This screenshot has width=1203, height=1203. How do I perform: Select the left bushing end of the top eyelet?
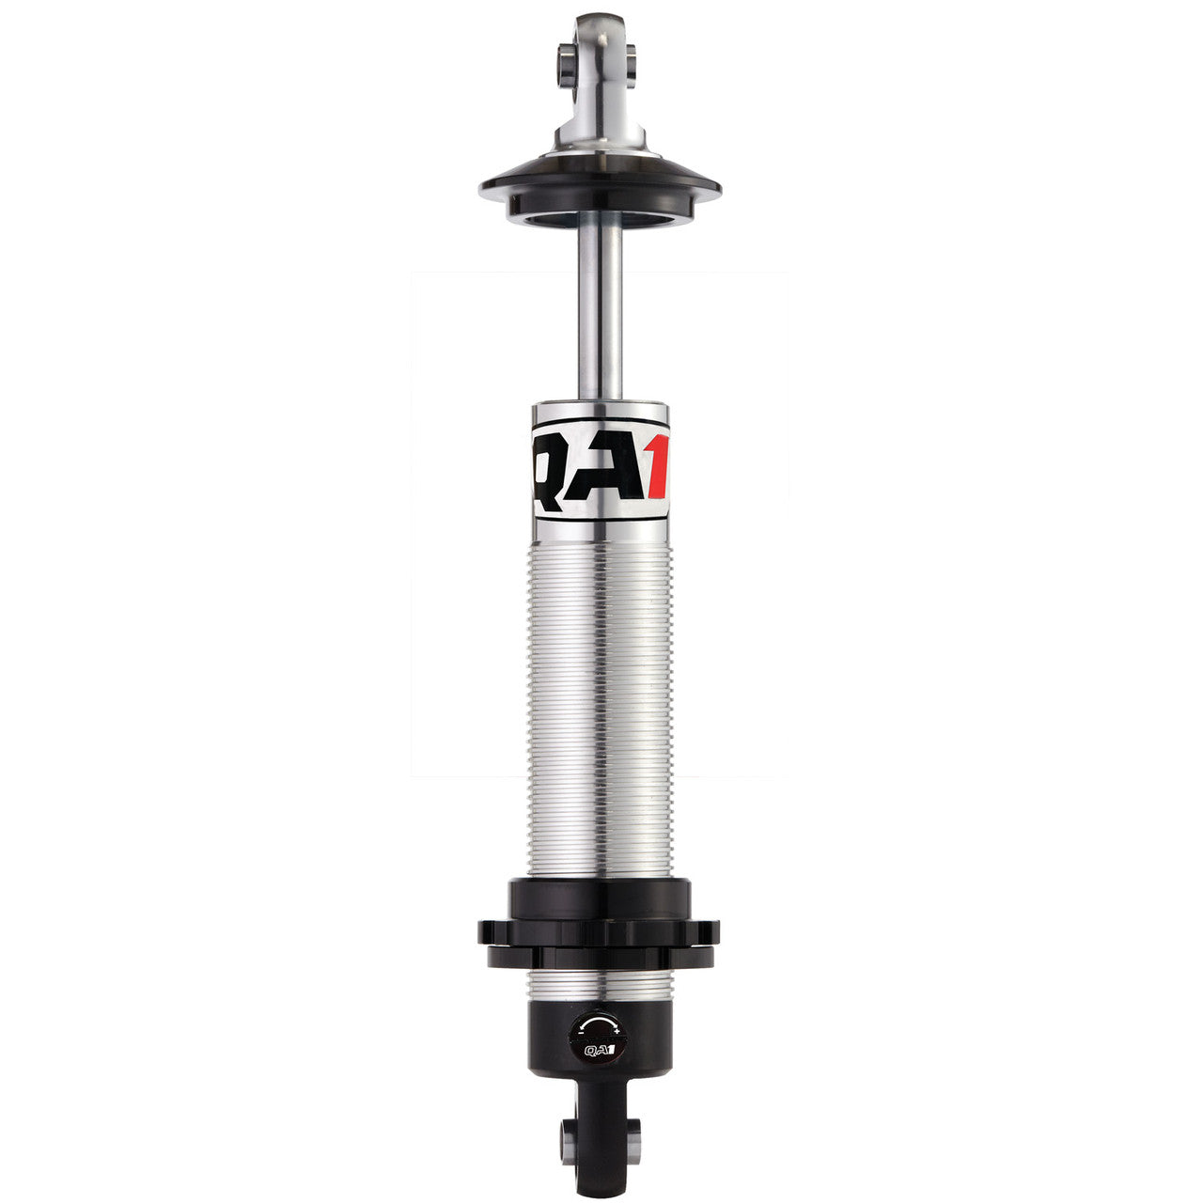click(566, 60)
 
